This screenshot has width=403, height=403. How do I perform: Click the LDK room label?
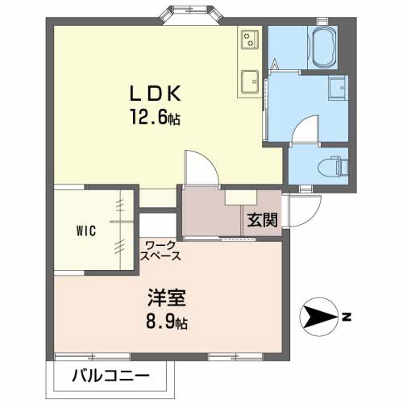coord(155,93)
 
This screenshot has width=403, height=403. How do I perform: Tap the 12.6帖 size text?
coord(155,117)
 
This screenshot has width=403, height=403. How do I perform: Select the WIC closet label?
coord(86,231)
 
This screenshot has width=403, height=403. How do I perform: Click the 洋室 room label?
coord(167,297)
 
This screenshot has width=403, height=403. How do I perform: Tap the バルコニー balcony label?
coord(110,376)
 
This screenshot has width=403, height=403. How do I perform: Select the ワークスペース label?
coord(160,251)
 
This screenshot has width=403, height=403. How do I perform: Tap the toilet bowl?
coord(333,166)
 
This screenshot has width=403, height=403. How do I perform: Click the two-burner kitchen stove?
coord(250,39)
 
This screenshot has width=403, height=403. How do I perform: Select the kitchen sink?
coord(250,81)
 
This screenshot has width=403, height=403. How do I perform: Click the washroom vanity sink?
coord(339,88)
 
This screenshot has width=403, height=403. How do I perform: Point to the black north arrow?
coord(319,317)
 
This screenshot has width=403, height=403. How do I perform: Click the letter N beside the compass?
coord(347,318)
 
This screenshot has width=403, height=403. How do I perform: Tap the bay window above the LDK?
coord(191,15)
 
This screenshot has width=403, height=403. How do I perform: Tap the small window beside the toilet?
coord(305,189)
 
